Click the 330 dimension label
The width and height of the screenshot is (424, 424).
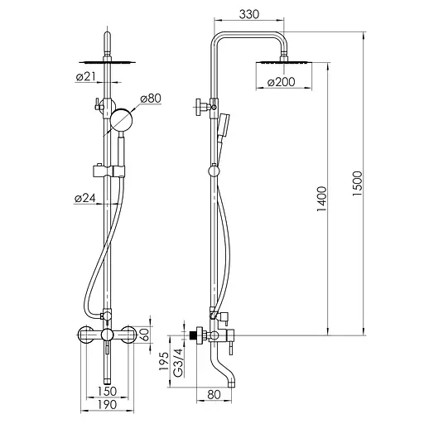[249, 14]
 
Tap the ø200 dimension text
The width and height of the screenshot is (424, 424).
[281, 82]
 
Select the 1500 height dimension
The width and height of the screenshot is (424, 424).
[357, 184]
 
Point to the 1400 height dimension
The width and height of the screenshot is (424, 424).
[321, 199]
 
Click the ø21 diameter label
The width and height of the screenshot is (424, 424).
[85, 77]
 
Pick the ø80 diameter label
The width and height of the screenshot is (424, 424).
[151, 99]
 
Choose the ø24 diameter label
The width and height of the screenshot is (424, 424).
[85, 198]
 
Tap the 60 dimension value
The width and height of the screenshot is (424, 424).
[146, 335]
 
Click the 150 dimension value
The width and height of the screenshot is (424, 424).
[107, 391]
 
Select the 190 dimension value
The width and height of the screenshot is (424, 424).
[107, 405]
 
